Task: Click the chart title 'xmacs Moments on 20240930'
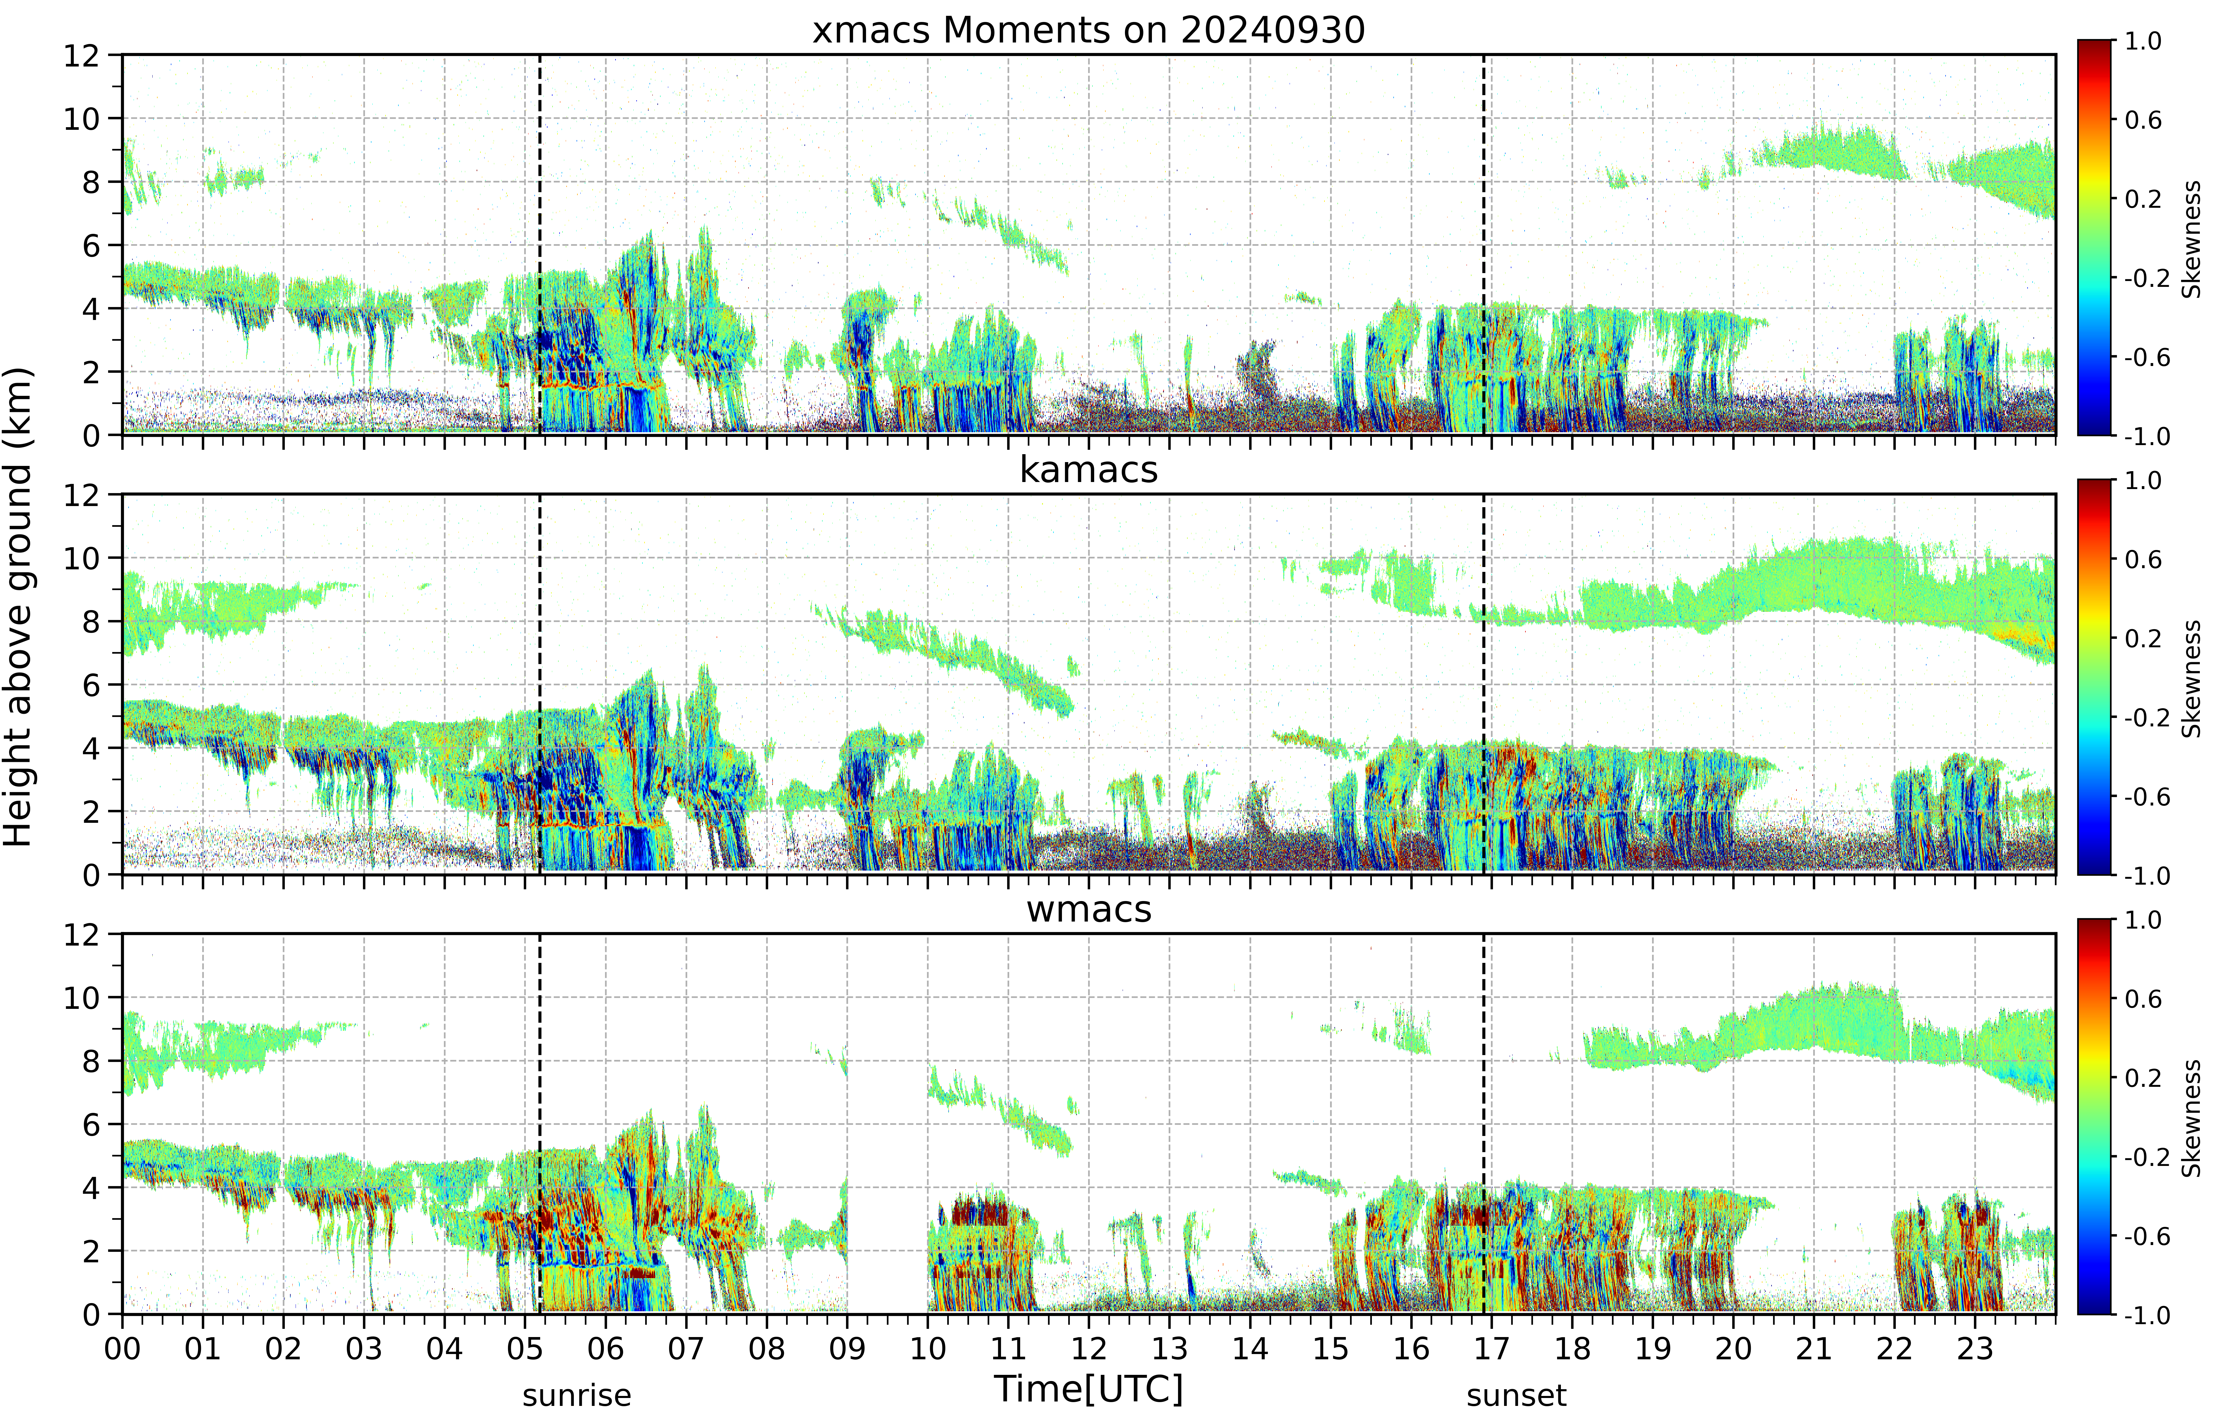tap(1089, 30)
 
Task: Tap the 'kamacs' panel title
tap(1089, 470)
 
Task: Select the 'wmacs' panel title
tap(1089, 909)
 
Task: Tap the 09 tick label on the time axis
tap(847, 1348)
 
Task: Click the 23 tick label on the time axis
tap(1974, 1348)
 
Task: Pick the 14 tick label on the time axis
tap(1250, 1348)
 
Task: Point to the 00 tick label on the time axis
tap(122, 1348)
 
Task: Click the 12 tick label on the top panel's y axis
tap(81, 56)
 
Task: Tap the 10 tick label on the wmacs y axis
tap(81, 998)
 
